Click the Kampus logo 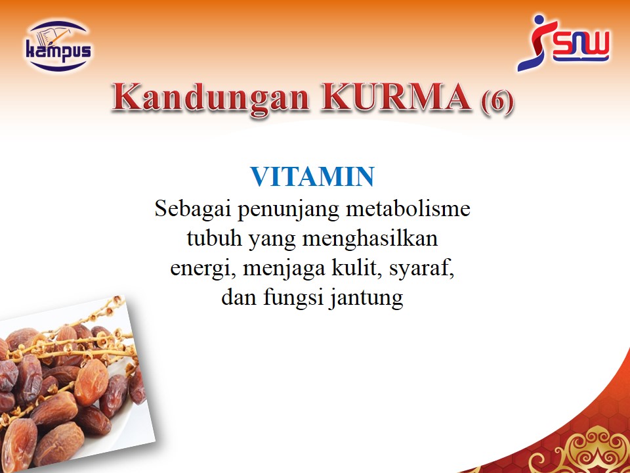pos(58,46)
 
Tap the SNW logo pos(563,43)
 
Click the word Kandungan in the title pos(210,98)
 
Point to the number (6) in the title pos(497,101)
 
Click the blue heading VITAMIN pos(312,177)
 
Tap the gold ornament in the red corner pos(587,451)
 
